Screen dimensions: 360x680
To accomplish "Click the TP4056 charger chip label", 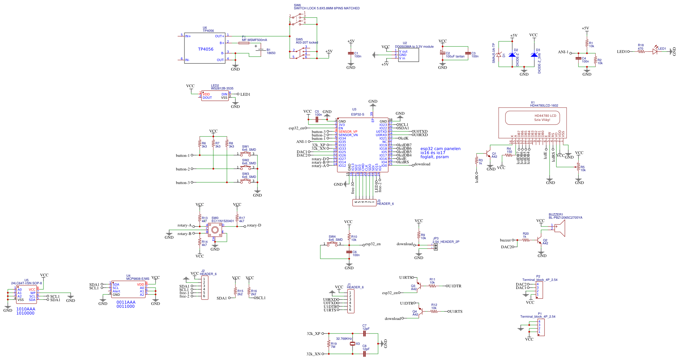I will point(205,49).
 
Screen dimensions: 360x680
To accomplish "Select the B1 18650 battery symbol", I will point(261,50).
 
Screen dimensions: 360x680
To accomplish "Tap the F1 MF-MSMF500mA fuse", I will point(244,43).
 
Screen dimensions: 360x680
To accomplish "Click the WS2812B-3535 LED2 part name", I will point(222,89).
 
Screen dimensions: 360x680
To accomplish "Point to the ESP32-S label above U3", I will point(357,114).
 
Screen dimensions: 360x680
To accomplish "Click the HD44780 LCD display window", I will point(532,118).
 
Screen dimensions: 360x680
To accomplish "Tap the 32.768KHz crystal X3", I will point(353,344).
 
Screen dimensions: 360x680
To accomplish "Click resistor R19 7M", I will point(328,344).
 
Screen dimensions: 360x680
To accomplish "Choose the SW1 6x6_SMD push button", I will point(246,154).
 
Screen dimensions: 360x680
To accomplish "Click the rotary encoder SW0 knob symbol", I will point(214,230).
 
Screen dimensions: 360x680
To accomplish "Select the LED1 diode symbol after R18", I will point(655,52).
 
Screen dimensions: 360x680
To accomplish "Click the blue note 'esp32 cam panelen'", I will point(440,149).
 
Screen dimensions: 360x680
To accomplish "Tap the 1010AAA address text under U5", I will point(25,309).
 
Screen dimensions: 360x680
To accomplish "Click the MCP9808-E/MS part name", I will point(138,279).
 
